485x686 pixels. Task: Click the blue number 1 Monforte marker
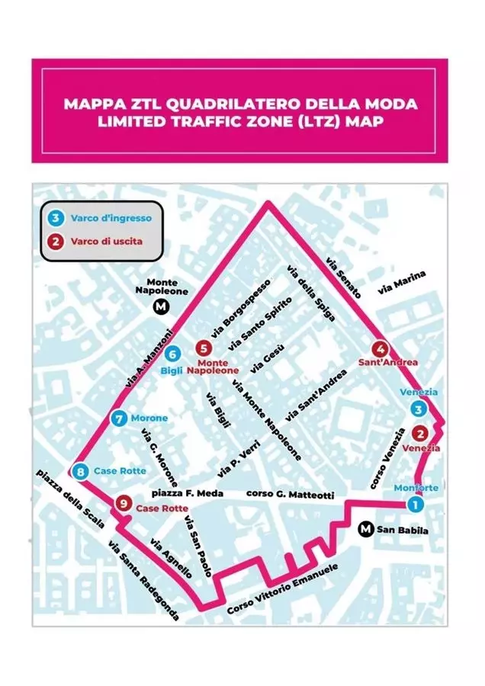[413, 503]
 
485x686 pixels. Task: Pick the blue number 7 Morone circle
[117, 418]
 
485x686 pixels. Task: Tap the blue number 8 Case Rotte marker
[81, 471]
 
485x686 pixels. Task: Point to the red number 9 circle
[121, 503]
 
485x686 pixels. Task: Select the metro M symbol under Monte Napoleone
[161, 307]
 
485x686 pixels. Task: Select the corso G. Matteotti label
[290, 495]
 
